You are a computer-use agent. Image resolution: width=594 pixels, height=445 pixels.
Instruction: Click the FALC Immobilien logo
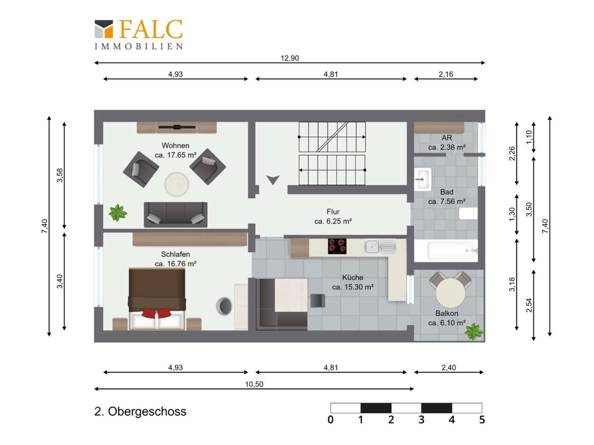point(139,34)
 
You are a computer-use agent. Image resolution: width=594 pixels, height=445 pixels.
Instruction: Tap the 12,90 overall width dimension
point(290,58)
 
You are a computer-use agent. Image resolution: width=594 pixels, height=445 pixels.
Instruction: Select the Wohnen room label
point(175,145)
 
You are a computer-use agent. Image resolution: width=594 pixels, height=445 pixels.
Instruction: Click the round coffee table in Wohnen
point(177,184)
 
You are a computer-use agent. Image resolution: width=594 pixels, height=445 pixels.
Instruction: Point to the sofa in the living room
point(176,215)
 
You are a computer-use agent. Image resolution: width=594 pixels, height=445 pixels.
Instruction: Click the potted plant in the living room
point(118,213)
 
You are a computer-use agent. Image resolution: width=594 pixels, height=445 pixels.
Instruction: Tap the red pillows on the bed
point(157,313)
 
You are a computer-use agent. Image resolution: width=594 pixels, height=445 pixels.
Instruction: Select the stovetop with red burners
point(337,246)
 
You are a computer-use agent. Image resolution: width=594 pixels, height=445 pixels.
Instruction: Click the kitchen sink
point(380,247)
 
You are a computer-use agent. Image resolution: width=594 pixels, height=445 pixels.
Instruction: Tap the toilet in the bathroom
point(468,214)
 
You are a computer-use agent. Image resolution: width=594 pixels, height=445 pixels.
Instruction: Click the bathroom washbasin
point(423,179)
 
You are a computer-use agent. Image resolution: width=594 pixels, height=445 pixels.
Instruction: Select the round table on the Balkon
point(450,293)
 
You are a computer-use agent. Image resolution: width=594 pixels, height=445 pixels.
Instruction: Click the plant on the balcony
point(474,331)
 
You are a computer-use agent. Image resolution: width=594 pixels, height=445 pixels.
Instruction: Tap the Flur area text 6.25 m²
point(333,222)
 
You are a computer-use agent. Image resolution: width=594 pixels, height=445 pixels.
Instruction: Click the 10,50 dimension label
point(254,384)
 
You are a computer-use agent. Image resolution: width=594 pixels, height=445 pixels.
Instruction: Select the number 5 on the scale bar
point(482,420)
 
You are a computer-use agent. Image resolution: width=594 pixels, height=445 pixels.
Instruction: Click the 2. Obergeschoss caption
point(140,412)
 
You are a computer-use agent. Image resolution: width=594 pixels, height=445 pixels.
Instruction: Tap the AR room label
point(447,138)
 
